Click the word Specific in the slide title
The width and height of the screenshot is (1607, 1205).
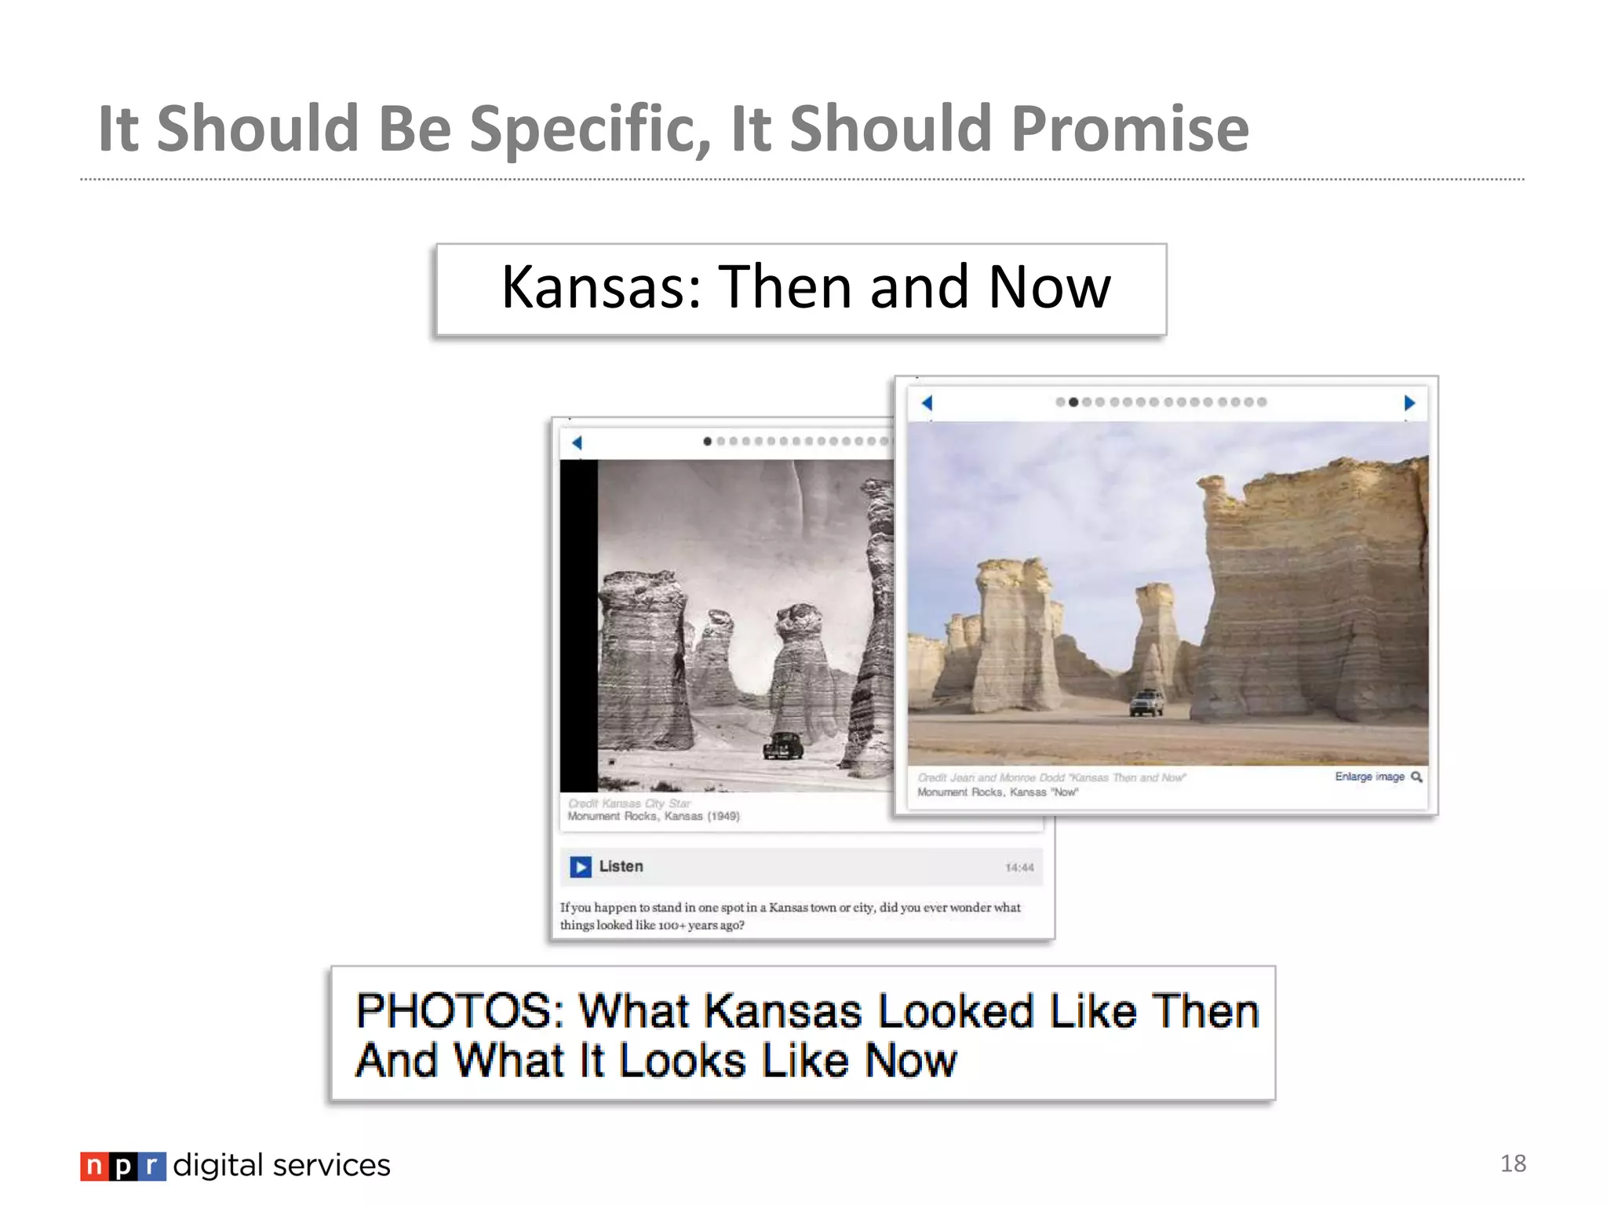pos(589,129)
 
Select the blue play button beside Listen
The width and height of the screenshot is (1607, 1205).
pos(581,867)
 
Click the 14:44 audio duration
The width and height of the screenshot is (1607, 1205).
pos(1018,868)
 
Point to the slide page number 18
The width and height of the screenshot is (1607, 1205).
pos(1513,1163)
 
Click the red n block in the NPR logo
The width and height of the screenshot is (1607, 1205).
pos(93,1167)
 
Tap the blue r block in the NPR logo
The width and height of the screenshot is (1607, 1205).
pos(152,1167)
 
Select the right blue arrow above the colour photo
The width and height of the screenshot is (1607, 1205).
pos(1409,403)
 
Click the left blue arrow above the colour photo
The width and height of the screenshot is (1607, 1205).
pos(927,403)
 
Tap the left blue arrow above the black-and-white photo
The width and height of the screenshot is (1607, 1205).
pos(577,442)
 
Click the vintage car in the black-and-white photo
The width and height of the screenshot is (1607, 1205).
pos(783,745)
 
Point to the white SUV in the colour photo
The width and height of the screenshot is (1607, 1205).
pos(1146,701)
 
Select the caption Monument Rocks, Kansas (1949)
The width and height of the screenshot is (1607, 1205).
pos(654,817)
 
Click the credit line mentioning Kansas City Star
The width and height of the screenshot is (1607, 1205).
pos(629,803)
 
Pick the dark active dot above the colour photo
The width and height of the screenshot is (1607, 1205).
pos(1073,402)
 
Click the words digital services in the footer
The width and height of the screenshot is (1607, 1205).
pos(282,1166)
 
